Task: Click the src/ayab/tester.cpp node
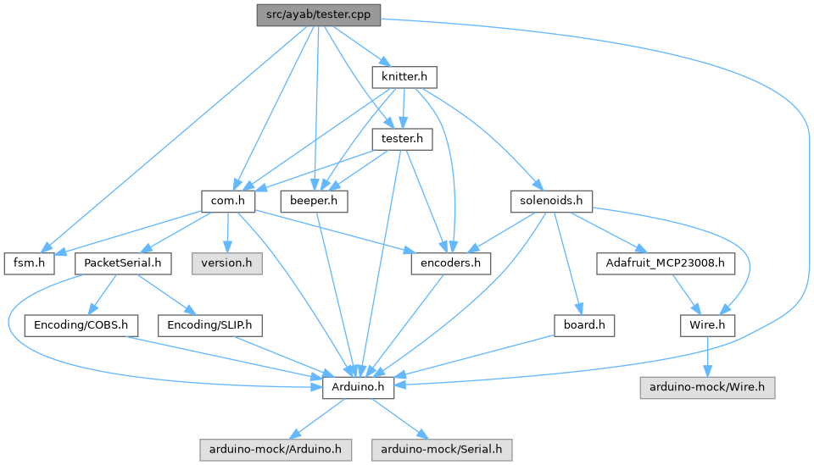tap(319, 14)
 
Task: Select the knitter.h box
tap(404, 77)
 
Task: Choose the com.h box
tap(230, 201)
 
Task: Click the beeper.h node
tap(314, 201)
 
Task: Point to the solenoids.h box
tap(551, 201)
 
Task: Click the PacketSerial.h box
tap(123, 263)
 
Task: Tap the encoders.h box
tap(450, 263)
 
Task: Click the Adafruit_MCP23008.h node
tap(665, 263)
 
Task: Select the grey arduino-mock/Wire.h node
tap(707, 387)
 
